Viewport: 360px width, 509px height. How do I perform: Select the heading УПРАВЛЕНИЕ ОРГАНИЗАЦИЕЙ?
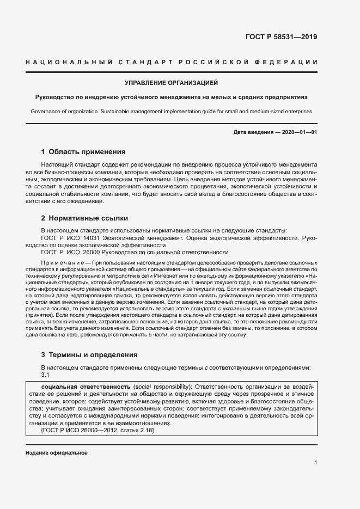(172, 83)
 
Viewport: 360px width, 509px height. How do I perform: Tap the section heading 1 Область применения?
(84, 151)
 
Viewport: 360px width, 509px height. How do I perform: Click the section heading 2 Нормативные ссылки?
(84, 218)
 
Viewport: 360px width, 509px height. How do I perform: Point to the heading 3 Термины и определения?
(89, 354)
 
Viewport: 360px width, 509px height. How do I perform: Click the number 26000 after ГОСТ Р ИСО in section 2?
(94, 252)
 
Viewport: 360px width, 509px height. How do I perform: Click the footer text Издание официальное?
(56, 453)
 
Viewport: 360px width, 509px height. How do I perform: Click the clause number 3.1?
(46, 375)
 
